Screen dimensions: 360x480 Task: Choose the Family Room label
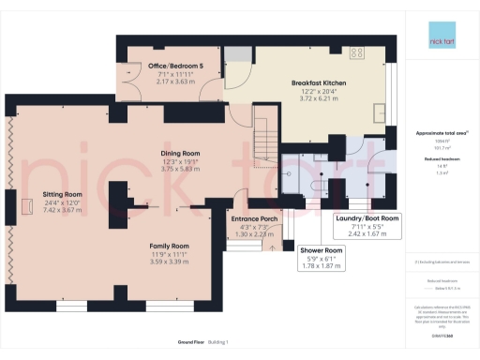click(x=171, y=247)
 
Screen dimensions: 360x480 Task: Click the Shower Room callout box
click(x=322, y=259)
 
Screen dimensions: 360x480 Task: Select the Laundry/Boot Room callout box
click(x=367, y=226)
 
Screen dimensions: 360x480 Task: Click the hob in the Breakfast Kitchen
click(x=357, y=52)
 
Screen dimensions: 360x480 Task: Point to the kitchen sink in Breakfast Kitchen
click(x=380, y=112)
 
